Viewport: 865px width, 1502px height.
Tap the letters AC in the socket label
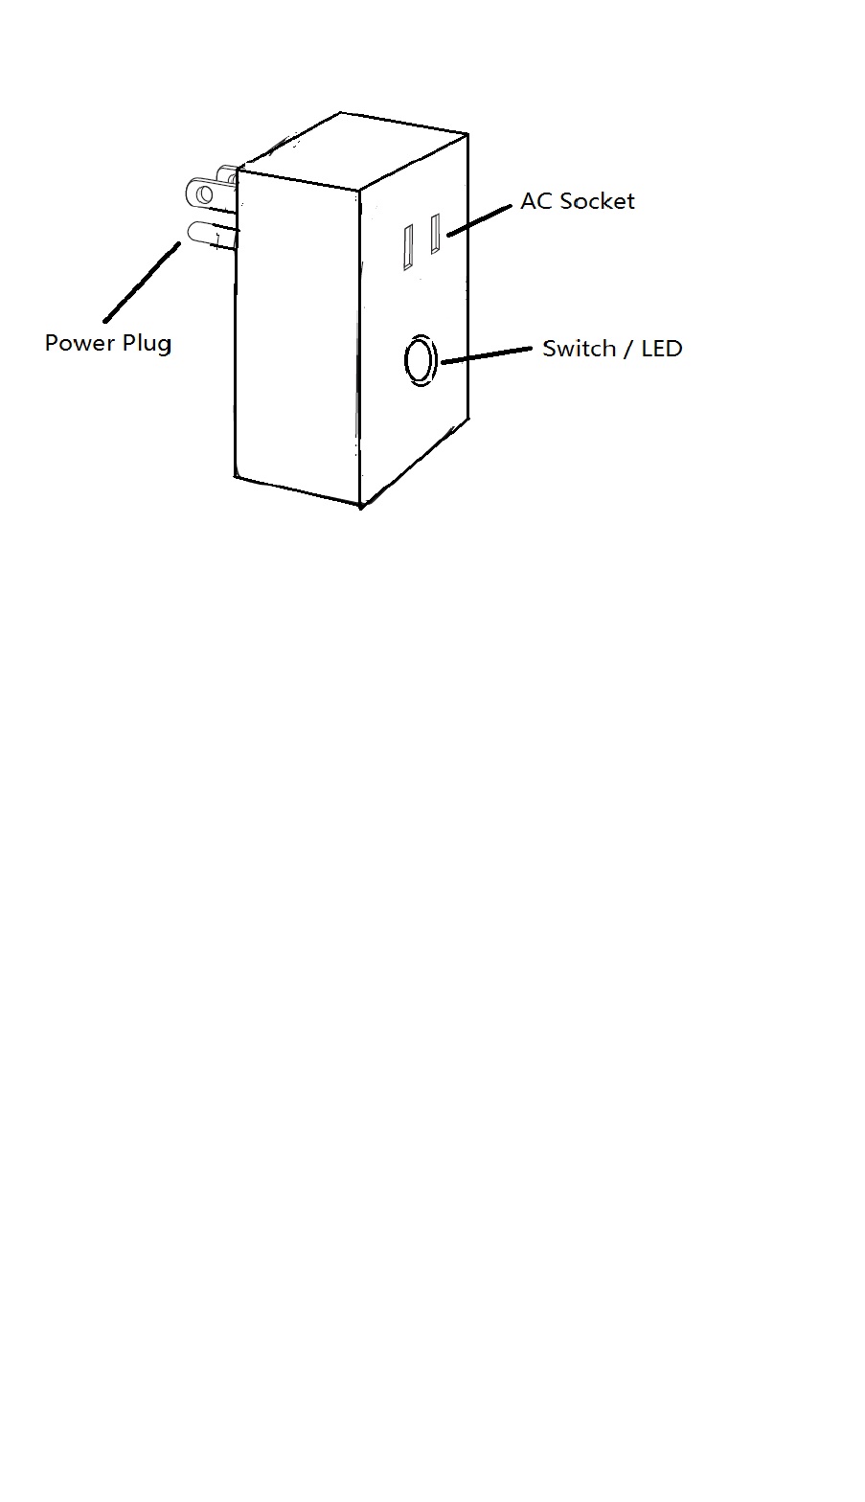536,201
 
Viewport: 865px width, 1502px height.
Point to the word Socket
598,201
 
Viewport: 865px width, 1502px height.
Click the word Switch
579,349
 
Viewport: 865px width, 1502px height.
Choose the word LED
662,349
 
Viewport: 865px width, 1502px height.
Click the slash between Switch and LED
628,350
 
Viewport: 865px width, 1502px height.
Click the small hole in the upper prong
203,194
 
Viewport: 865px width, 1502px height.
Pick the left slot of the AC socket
408,247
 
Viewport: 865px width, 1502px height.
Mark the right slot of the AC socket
435,234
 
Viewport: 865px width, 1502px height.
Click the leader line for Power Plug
142,282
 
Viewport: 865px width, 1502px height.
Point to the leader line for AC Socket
479,219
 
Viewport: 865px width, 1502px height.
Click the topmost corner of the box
341,113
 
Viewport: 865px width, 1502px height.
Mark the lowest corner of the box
360,507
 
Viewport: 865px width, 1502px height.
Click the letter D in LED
674,349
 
